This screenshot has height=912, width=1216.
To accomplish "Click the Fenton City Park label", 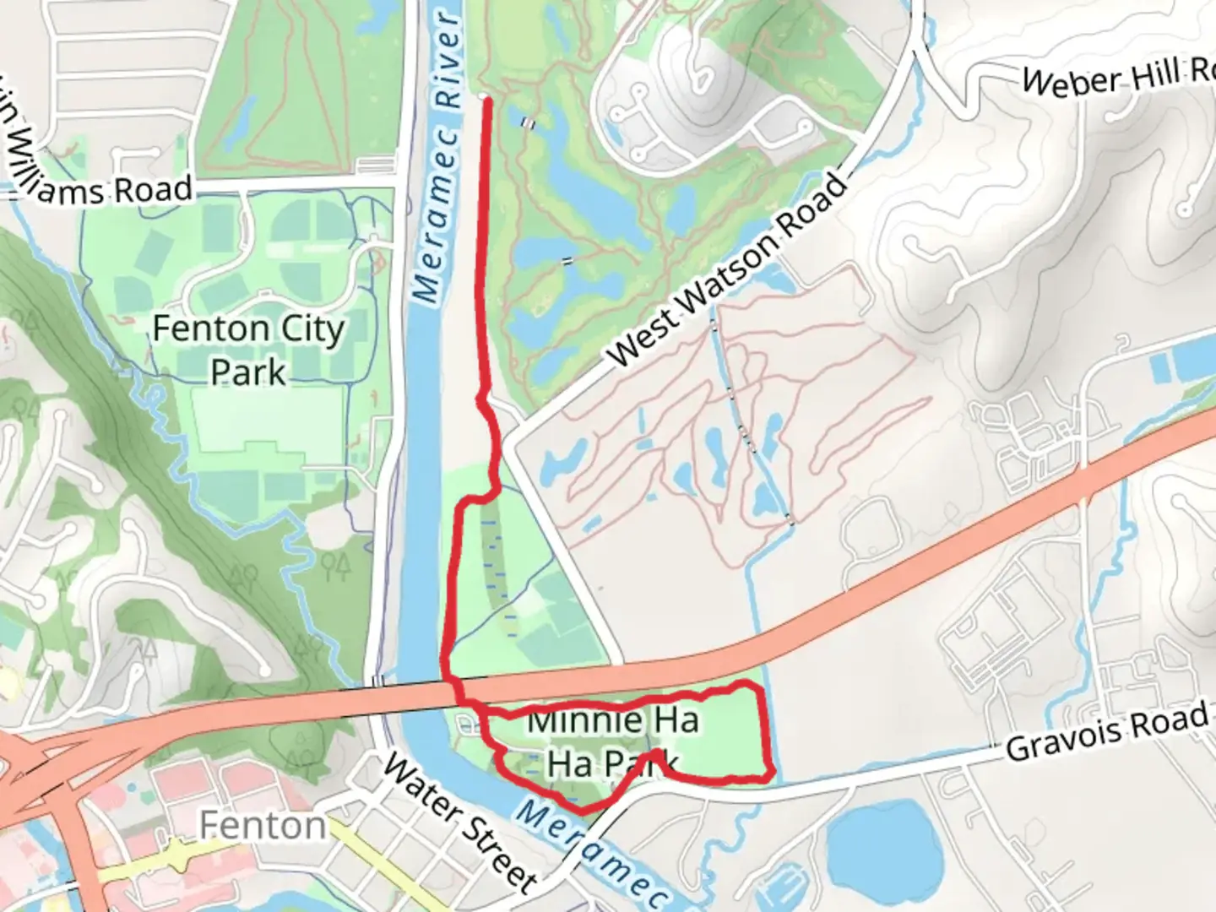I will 248,349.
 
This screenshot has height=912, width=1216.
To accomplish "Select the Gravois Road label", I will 1107,732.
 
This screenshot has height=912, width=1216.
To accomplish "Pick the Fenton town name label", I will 263,825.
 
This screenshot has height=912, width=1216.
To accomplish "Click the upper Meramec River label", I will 440,158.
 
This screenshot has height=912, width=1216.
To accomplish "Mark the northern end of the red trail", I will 486,100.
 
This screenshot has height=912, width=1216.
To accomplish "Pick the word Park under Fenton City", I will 248,372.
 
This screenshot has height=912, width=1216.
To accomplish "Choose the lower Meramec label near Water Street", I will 590,854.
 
